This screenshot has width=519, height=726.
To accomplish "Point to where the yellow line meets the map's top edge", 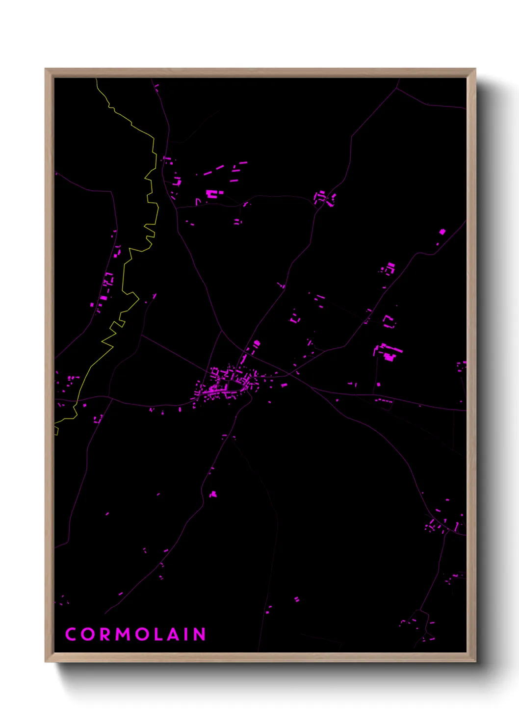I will [x=96, y=79].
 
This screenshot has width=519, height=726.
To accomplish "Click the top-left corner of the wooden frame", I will [x=46, y=70].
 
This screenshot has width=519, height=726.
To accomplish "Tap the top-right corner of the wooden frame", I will [x=474, y=70].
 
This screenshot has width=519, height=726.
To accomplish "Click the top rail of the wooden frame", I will [x=260, y=73].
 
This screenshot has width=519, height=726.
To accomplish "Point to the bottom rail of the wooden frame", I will [x=260, y=657].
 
